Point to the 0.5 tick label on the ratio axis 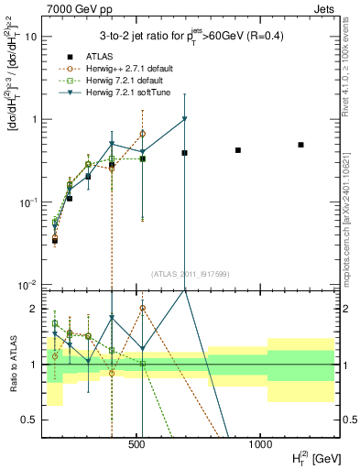pyautogui.click(x=30, y=420)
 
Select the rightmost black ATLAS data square pyautogui.click(x=301, y=145)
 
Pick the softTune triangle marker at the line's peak pyautogui.click(x=185, y=118)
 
